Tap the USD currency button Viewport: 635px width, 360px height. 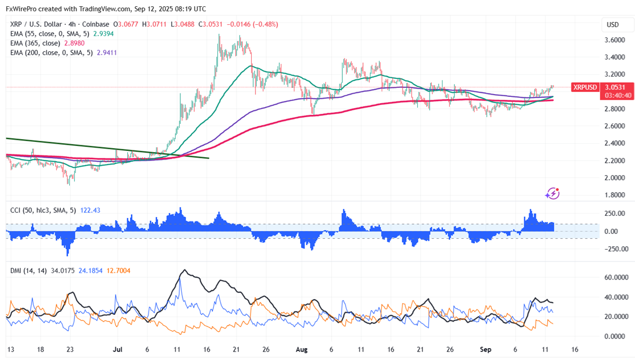[x=612, y=25]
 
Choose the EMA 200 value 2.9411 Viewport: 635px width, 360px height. [x=106, y=52]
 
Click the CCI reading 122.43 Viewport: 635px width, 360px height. [x=78, y=210]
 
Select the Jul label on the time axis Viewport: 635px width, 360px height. [x=118, y=349]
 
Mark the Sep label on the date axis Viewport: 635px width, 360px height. [x=486, y=349]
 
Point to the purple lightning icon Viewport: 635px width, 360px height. [x=552, y=194]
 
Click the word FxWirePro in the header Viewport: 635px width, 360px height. [x=23, y=9]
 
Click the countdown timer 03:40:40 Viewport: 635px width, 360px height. [x=618, y=95]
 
